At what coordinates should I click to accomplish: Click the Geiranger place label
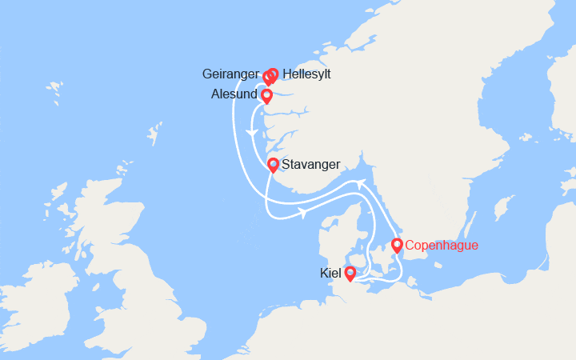click(231, 74)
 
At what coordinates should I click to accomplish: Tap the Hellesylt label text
click(306, 74)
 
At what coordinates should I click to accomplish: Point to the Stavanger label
click(311, 164)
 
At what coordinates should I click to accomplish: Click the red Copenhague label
click(442, 245)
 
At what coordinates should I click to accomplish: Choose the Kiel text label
click(330, 274)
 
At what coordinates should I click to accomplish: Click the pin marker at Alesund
click(266, 95)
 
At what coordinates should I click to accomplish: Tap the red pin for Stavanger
click(273, 165)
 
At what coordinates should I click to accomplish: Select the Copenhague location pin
click(397, 245)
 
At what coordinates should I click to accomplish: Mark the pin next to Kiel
click(350, 273)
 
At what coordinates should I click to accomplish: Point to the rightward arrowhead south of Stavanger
click(303, 213)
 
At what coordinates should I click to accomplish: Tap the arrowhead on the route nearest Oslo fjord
click(362, 183)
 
